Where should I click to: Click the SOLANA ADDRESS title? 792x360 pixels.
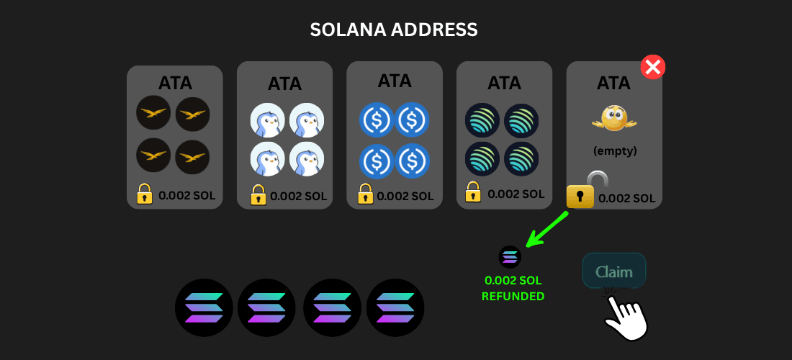(394, 30)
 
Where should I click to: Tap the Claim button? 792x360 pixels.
(613, 271)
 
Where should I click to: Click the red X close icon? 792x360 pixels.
(653, 68)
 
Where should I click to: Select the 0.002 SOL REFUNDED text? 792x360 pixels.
(513, 288)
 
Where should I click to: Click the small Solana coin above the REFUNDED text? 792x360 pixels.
(510, 256)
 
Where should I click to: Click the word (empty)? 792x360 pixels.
(614, 152)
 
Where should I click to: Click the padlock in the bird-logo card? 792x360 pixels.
(145, 194)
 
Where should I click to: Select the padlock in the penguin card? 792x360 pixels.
(258, 194)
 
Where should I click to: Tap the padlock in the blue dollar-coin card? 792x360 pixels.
(365, 194)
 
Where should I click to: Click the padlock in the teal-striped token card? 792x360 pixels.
(473, 192)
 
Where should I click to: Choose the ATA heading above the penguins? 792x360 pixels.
(284, 84)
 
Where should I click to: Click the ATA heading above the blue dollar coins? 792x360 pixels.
(394, 80)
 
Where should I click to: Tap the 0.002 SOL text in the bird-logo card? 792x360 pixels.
(186, 195)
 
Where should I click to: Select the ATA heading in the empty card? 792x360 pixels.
(613, 83)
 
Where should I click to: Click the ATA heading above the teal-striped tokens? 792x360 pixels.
(504, 83)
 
